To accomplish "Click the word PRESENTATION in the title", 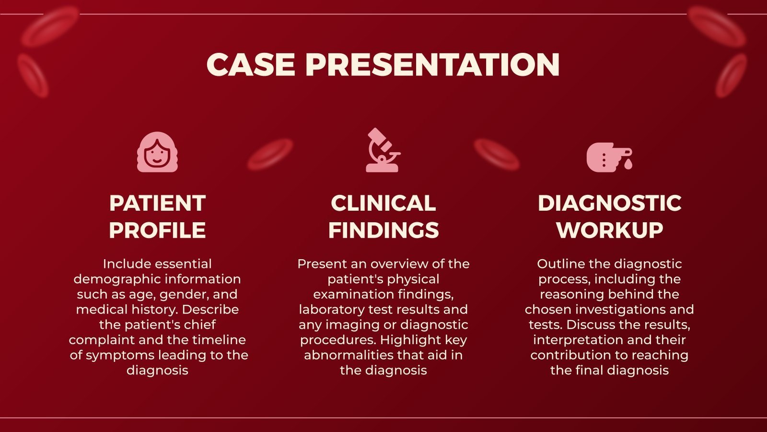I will point(432,64).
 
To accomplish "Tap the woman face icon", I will point(157,152).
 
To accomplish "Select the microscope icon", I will point(383,150).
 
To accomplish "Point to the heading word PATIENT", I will point(157,203).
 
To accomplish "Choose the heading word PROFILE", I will point(157,230).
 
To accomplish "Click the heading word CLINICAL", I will point(383,203).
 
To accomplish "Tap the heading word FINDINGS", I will point(383,230).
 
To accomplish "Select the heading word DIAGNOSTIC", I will point(609,203).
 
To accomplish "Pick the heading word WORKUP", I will point(609,230).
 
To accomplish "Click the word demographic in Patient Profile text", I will point(114,279).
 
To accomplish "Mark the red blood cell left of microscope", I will point(270,155).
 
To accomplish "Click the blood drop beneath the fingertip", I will point(628,164).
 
